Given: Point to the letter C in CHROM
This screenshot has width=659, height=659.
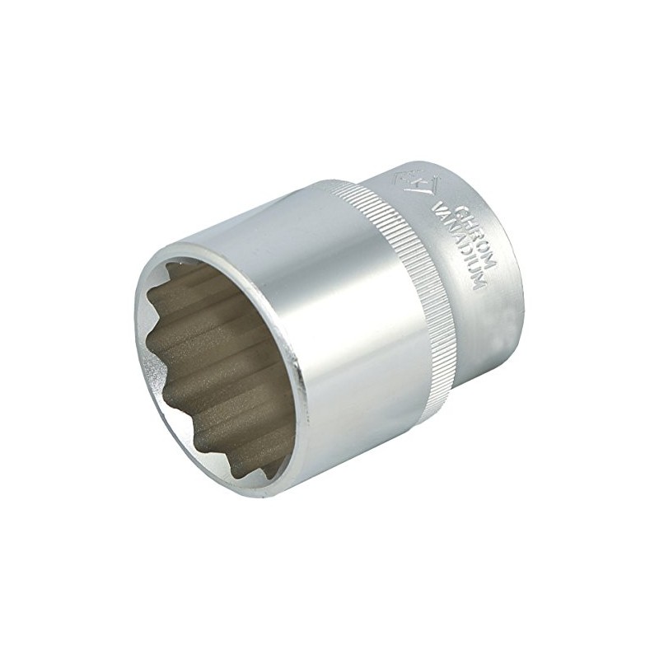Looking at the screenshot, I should coord(461,210).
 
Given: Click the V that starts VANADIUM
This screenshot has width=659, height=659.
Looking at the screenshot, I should coord(437,207).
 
